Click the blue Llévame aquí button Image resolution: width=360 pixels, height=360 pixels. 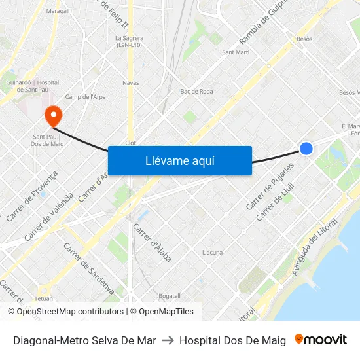(179, 160)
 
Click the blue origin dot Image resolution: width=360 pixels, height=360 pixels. (306, 149)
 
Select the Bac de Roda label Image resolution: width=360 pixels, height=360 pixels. (196, 92)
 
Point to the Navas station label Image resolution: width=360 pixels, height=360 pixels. (131, 83)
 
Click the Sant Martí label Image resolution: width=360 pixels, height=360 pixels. (236, 52)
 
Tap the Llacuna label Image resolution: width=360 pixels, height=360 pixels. (212, 252)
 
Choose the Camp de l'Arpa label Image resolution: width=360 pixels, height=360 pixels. (85, 97)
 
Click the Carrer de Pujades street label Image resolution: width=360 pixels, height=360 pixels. (270, 186)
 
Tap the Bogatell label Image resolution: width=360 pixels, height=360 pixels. (169, 296)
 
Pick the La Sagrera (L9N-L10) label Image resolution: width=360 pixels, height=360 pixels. (130, 41)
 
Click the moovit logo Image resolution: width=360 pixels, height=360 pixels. (320, 340)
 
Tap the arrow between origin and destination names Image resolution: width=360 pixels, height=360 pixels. (168, 340)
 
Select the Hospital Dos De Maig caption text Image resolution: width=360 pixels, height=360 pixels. (232, 340)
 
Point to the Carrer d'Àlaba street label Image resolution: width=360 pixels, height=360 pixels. (153, 243)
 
